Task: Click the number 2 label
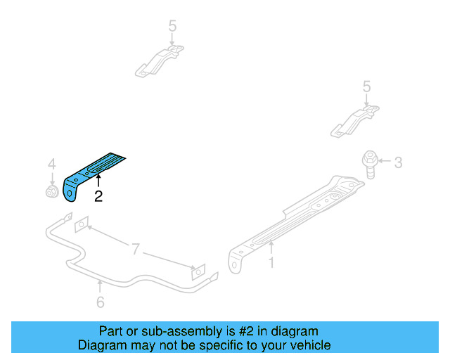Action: tap(98, 198)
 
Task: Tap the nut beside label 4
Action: tap(51, 191)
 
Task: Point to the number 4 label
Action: tap(51, 164)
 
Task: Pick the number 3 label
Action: tap(398, 163)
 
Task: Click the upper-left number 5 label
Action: tap(172, 26)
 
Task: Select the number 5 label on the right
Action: tap(366, 86)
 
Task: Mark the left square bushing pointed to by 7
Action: tap(82, 224)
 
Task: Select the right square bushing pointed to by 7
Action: tap(200, 273)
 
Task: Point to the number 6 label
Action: tap(100, 302)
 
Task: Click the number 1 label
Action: tap(271, 264)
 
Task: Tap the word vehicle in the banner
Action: tap(307, 345)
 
